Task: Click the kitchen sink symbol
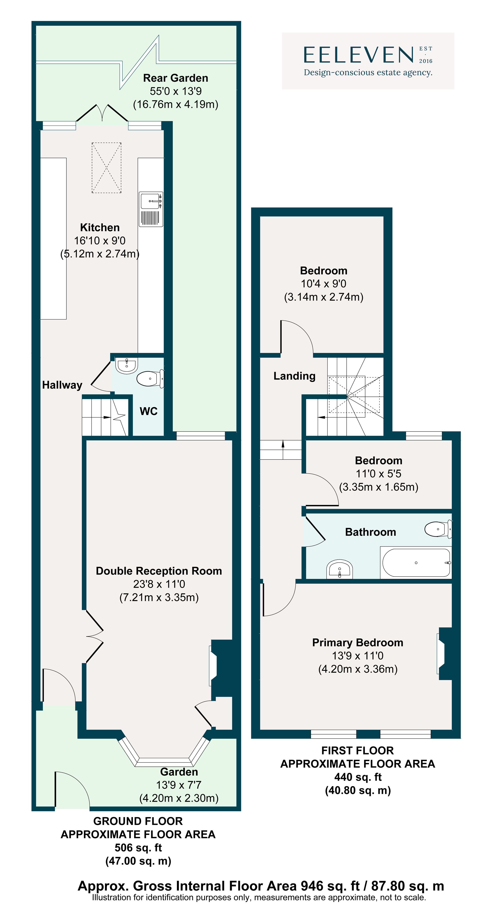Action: point(151,209)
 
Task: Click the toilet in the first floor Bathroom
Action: point(438,529)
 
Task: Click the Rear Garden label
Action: point(175,78)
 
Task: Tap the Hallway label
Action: point(62,385)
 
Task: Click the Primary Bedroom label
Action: point(357,643)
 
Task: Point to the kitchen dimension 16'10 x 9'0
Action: point(100,240)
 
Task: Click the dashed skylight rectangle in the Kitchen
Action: point(106,168)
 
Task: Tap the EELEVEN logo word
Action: point(358,55)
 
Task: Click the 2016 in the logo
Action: point(425,61)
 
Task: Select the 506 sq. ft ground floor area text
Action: point(138,848)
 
